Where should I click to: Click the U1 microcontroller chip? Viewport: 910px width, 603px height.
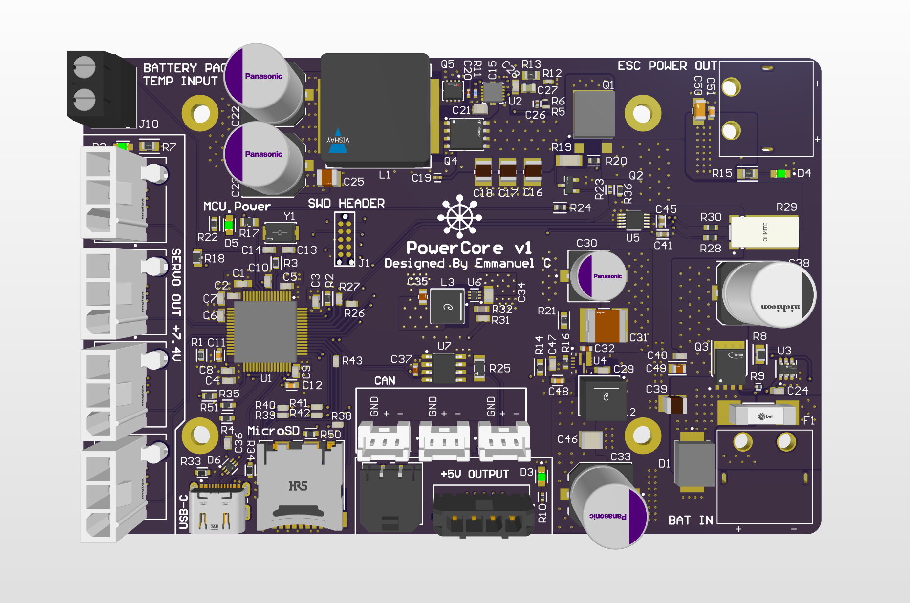tap(265, 332)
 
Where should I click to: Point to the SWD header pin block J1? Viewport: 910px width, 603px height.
tap(345, 239)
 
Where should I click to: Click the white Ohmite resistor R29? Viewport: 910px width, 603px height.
tap(764, 232)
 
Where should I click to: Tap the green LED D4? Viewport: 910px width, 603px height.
tap(780, 173)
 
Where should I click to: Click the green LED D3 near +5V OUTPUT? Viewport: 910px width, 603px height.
tap(541, 476)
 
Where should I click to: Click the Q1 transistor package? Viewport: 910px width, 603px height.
tap(593, 114)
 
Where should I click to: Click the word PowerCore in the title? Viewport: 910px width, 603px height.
tap(454, 248)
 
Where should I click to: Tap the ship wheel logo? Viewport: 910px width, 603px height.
tap(459, 216)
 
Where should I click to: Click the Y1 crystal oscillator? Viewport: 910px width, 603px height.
tap(280, 232)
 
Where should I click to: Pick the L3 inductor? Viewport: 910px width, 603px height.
tap(447, 306)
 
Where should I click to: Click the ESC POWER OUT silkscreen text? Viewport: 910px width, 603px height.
tap(667, 66)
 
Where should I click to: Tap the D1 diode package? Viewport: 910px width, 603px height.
tap(694, 464)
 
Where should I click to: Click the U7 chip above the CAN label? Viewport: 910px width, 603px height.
tap(444, 368)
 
